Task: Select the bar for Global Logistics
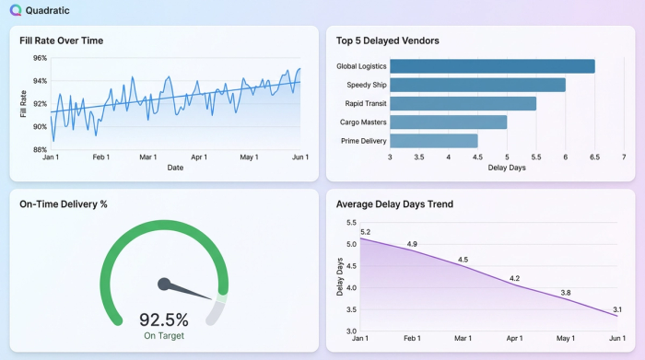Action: point(492,66)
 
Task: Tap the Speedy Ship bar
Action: point(477,85)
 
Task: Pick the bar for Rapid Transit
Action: point(463,103)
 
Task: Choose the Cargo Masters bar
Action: point(448,122)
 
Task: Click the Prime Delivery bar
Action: point(433,141)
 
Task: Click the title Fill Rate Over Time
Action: point(62,41)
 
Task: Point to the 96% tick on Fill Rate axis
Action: point(40,58)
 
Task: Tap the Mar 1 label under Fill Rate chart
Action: point(147,157)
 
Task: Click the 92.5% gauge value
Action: point(164,320)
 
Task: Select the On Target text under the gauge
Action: point(164,337)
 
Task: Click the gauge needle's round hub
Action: point(164,284)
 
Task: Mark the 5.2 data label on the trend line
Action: point(366,232)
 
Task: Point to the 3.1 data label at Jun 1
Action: point(616,309)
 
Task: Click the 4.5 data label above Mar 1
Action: point(463,260)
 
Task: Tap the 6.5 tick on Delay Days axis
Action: point(594,157)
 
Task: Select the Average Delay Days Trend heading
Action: point(394,204)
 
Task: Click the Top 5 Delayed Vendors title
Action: point(388,41)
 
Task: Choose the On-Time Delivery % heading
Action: point(64,204)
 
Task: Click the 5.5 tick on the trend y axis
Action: point(351,223)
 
